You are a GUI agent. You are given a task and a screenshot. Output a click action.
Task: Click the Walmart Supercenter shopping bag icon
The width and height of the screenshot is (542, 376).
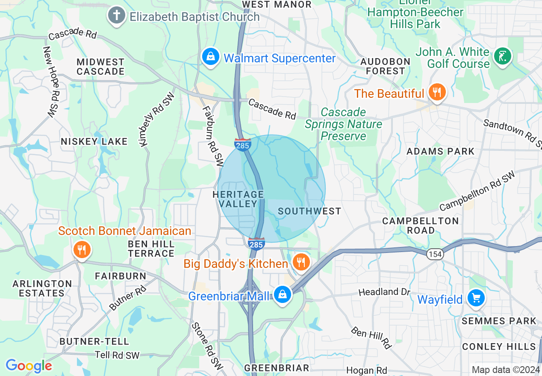[210, 57]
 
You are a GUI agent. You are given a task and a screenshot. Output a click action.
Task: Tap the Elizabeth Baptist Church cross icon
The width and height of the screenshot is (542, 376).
[116, 16]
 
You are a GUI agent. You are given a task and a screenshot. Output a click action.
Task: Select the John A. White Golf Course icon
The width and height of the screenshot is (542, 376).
[502, 56]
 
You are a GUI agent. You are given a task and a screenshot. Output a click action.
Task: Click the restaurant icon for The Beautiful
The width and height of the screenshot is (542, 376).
[436, 93]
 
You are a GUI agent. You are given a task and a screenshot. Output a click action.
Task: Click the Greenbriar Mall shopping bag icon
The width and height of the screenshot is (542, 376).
[282, 294]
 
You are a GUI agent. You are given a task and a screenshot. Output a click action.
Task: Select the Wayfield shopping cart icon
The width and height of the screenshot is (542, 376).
[475, 298]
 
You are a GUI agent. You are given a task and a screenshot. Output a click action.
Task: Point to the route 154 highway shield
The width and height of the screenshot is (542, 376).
[434, 254]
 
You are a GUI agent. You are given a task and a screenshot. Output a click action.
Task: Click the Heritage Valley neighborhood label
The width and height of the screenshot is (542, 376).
[239, 199]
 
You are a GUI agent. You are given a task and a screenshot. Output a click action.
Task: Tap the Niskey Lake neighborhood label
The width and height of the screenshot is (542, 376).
[94, 141]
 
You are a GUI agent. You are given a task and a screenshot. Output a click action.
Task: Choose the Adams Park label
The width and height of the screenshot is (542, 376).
[440, 151]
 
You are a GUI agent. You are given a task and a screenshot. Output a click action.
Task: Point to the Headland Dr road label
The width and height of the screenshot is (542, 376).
[384, 292]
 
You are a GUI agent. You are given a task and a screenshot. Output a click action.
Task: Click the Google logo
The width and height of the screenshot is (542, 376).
[29, 366]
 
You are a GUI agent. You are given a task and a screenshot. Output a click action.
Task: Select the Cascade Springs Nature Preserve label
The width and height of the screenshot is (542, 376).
[344, 124]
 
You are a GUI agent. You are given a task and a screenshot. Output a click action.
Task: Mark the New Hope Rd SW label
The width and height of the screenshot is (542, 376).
[50, 82]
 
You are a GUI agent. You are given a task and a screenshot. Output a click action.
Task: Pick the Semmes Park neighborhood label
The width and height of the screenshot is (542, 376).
[499, 321]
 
